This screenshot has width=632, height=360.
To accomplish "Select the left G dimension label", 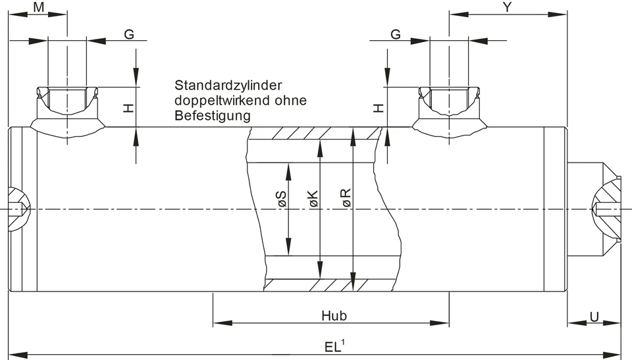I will coord(130,34).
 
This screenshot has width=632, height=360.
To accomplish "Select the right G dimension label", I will coord(396,34).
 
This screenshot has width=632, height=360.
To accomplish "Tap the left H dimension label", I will coord(129,107).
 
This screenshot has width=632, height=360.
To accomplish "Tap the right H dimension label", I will coord(379,107).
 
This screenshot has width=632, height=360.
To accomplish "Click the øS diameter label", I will coord(281,200).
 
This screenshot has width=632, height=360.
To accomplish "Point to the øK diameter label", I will coord(313,200).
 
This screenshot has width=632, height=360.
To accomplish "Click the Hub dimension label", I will coord(334,315).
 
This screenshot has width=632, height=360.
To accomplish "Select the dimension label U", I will coord(594,317).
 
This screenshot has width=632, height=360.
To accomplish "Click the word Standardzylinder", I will coord(228,86).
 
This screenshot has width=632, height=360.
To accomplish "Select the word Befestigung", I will coord(213,116).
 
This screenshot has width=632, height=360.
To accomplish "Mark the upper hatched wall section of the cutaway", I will coord(315,134).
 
